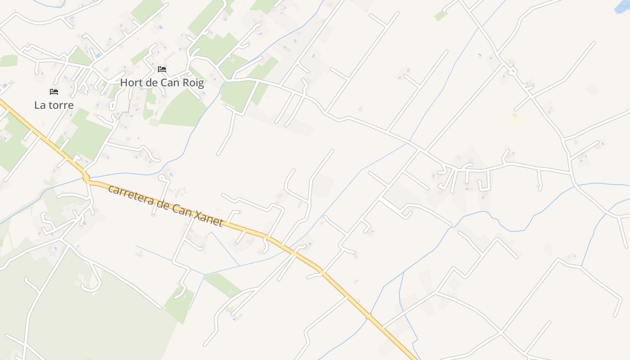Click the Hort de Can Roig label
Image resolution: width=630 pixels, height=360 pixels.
(x=162, y=83)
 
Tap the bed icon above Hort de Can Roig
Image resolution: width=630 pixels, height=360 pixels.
(x=162, y=69)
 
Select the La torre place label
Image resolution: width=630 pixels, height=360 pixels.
(x=54, y=105)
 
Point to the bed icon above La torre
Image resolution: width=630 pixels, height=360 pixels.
(x=54, y=92)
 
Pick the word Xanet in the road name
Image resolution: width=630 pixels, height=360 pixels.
(x=208, y=219)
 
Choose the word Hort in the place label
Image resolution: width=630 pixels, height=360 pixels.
(x=130, y=83)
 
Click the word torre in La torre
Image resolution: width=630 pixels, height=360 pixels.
(x=62, y=105)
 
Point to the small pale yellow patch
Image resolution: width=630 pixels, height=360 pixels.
(x=516, y=118)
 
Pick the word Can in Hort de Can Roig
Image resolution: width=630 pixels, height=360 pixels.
(x=170, y=83)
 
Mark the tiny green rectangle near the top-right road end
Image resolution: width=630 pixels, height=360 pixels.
(x=441, y=15)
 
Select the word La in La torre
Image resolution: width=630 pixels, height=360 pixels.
(x=40, y=105)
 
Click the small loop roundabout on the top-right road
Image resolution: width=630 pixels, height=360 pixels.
(x=513, y=71)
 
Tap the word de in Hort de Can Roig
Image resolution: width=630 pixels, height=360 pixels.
(x=153, y=83)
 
